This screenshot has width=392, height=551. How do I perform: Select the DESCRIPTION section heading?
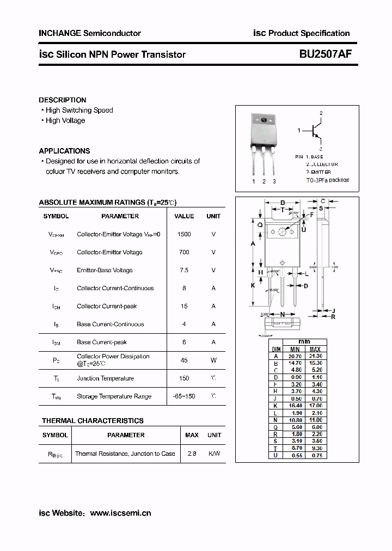pyautogui.click(x=62, y=100)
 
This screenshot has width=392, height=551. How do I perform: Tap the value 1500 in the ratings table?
pyautogui.click(x=184, y=234)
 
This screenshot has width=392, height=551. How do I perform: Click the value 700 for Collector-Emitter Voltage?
pyautogui.click(x=184, y=252)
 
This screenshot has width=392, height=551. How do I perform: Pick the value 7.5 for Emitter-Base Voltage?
pyautogui.click(x=184, y=270)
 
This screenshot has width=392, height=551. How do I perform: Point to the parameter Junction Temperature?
pyautogui.click(x=105, y=378)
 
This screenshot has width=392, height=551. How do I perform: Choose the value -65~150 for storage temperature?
pyautogui.click(x=184, y=396)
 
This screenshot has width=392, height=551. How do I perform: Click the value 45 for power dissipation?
pyautogui.click(x=184, y=360)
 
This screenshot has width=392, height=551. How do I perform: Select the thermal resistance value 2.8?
pyautogui.click(x=192, y=454)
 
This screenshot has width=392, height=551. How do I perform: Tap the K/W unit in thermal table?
pyautogui.click(x=214, y=454)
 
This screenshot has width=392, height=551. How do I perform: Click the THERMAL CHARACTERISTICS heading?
pyautogui.click(x=93, y=421)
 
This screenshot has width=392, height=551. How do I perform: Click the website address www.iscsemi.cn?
pyautogui.click(x=120, y=513)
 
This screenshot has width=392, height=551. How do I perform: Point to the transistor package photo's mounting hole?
pyautogui.click(x=264, y=120)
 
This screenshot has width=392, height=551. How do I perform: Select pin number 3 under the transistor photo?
pyautogui.click(x=274, y=181)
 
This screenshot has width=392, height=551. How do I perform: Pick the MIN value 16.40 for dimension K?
pyautogui.click(x=295, y=406)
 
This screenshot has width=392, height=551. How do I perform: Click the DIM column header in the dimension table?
pyautogui.click(x=276, y=349)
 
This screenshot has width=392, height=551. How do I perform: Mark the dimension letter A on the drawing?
pyautogui.click(x=253, y=244)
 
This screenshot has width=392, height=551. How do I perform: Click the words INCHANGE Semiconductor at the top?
pyautogui.click(x=90, y=33)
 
